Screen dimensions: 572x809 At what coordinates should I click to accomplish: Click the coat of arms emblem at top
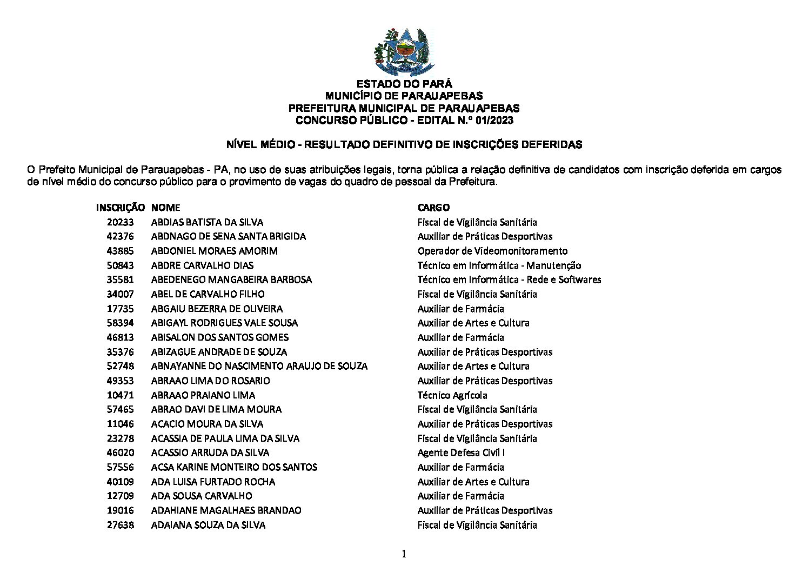tap(404, 52)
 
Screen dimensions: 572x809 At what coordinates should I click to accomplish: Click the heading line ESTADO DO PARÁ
tap(404, 84)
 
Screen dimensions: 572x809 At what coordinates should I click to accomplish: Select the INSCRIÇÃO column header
tap(120, 208)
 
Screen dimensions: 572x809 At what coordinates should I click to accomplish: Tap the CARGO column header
tap(433, 208)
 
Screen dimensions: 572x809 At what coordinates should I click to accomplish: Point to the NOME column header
tap(165, 208)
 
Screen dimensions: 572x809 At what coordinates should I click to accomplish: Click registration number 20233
tap(120, 222)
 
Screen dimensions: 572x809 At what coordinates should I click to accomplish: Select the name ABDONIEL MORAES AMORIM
tap(214, 251)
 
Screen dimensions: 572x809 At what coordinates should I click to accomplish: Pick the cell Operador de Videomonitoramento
tap(492, 251)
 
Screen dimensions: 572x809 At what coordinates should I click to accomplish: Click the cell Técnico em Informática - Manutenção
tap(499, 265)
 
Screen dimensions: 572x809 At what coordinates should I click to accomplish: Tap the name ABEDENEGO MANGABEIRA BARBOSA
tap(231, 280)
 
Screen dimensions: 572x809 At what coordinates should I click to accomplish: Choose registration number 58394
tap(120, 323)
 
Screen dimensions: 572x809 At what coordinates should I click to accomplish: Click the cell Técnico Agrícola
tap(452, 395)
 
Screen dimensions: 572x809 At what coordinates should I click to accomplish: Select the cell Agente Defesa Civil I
tap(461, 453)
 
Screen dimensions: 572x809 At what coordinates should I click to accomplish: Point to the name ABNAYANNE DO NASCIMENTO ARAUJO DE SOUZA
tap(259, 366)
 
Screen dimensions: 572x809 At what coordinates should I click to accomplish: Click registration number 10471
tap(120, 395)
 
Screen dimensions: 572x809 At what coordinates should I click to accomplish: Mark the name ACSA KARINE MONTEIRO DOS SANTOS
tap(234, 467)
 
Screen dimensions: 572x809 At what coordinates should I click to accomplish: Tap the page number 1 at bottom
tap(404, 554)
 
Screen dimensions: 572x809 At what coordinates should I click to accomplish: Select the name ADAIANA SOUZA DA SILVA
tap(208, 525)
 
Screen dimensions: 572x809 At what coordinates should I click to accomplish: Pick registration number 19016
tap(120, 510)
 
